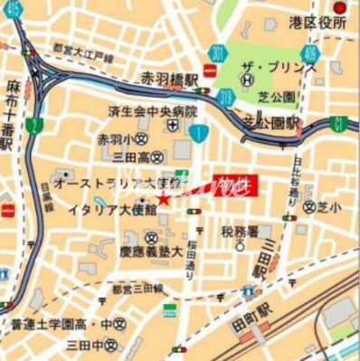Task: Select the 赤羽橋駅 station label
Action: (170, 81)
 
